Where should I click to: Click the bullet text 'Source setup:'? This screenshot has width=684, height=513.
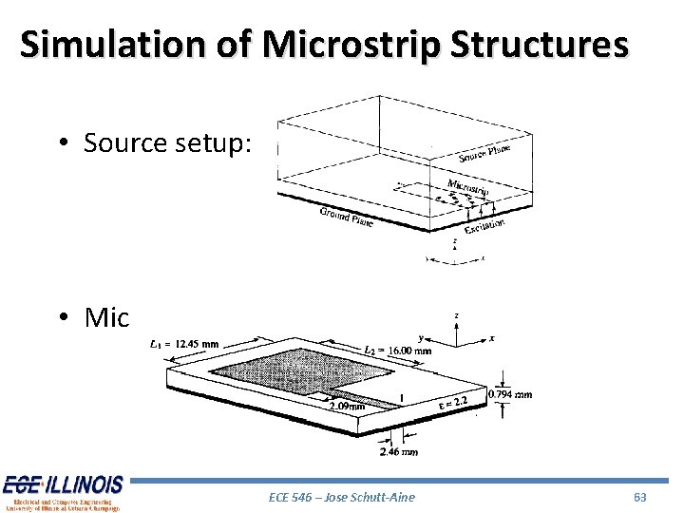pos(167,142)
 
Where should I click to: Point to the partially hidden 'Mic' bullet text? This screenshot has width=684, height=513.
pos(105,317)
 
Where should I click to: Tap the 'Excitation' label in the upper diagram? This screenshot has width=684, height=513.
pos(484,225)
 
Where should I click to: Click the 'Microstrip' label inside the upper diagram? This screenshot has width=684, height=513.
pos(467,188)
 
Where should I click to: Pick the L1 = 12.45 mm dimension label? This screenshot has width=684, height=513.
pos(184,344)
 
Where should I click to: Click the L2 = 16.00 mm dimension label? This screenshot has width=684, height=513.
pos(398,350)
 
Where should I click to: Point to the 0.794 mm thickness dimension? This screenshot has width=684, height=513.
pos(509,394)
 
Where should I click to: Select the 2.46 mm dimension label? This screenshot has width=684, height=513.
pos(398,452)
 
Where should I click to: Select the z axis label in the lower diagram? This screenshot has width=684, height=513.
pos(457,315)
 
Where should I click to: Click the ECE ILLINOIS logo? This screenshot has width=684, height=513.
pos(63,491)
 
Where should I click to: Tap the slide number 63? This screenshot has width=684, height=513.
pos(639,497)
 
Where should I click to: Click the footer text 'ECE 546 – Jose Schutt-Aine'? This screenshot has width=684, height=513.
pos(342,497)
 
